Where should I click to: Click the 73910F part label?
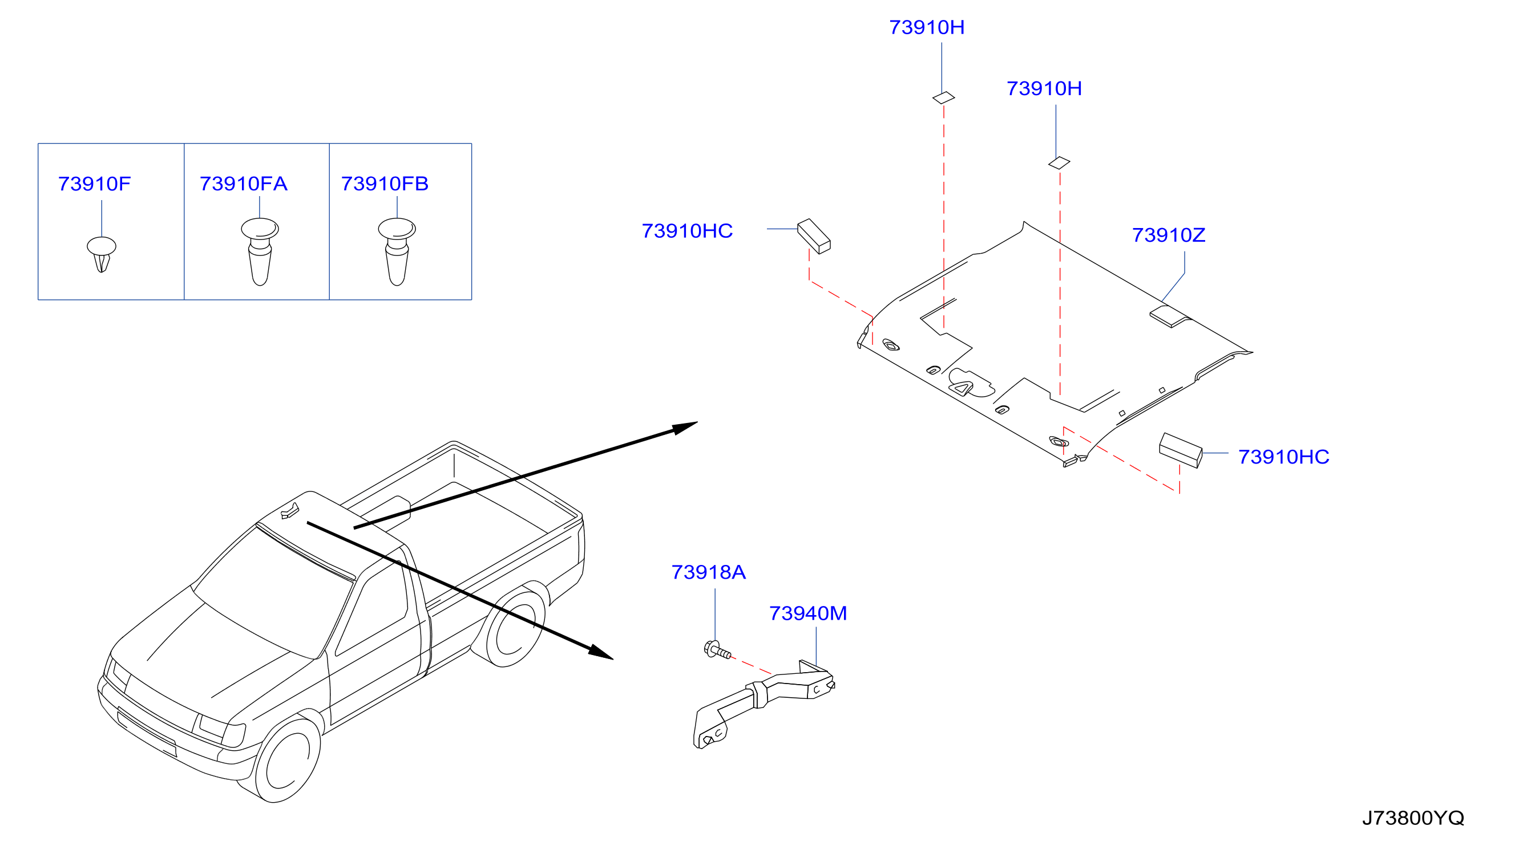pos(94,184)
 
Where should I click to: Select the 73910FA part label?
pos(244,184)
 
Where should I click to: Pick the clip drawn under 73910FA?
pos(260,251)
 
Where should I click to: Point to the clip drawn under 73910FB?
pos(397,251)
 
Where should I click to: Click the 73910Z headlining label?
pos(1168,235)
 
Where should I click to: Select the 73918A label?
pos(708,572)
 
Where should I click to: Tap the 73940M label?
pos(807,613)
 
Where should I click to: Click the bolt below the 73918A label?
pos(717,650)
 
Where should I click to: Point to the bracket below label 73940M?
pos(763,703)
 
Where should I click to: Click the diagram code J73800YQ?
pos(1413,817)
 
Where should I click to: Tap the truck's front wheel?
pos(288,759)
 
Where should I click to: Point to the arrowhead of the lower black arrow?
pos(601,652)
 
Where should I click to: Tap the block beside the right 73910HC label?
pos(1181,450)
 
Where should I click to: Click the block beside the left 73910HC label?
pos(814,237)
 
